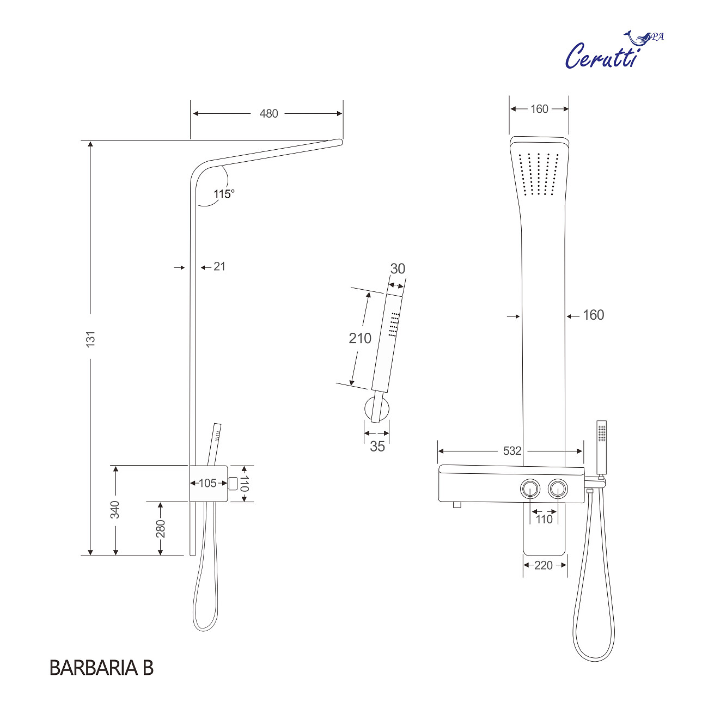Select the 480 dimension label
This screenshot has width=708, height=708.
click(268, 113)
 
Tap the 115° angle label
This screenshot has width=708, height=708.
click(224, 194)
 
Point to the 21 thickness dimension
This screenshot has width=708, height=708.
click(219, 266)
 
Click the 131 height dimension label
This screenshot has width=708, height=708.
click(90, 338)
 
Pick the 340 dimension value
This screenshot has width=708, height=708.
click(115, 510)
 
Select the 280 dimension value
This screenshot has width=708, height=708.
click(161, 528)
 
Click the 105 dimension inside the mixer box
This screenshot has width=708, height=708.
click(207, 483)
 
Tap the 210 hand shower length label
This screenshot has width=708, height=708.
click(360, 338)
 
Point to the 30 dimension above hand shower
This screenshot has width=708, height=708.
click(398, 268)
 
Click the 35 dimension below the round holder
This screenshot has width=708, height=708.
click(377, 446)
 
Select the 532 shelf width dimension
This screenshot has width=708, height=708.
click(512, 451)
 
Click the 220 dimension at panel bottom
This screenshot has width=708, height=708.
click(544, 565)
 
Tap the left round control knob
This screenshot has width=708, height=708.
click(530, 489)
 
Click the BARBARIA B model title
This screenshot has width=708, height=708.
click(101, 668)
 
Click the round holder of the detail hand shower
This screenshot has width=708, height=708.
click(377, 409)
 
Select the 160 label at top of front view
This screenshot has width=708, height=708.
click(539, 109)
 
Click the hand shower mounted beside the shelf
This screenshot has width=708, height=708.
click(601, 447)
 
